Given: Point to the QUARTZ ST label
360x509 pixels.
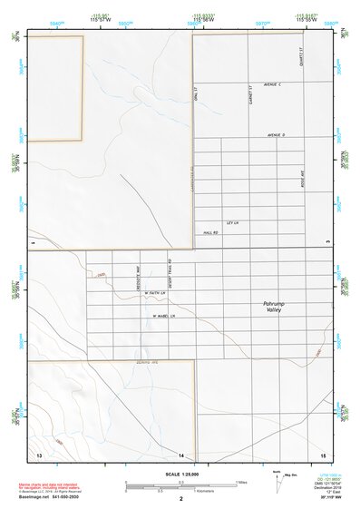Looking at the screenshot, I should tap(299, 58).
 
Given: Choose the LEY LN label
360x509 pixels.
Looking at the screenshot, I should tap(231, 222).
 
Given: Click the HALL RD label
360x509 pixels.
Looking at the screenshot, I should tap(210, 233).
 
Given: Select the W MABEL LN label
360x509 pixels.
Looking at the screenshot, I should tap(159, 316).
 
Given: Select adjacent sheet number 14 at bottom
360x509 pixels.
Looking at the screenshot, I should tap(182, 454).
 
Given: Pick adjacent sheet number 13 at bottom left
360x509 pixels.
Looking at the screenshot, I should tap(38, 454).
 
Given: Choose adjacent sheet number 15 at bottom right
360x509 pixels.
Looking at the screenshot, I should tap(323, 454).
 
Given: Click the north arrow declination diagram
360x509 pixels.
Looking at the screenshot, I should tap(278, 477).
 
